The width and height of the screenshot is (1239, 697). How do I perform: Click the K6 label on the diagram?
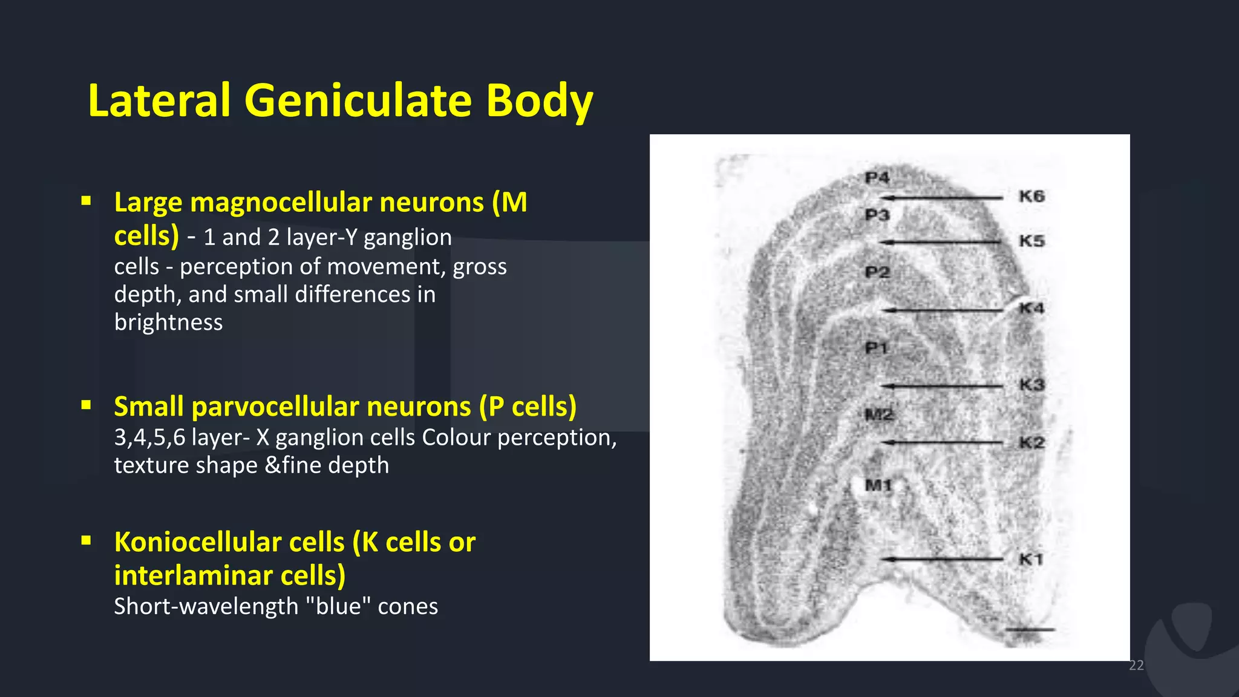tap(1031, 196)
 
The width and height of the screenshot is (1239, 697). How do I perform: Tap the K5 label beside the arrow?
tap(1031, 241)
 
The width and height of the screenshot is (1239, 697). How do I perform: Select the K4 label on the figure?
tap(1031, 309)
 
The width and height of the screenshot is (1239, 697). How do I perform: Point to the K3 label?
tap(1031, 385)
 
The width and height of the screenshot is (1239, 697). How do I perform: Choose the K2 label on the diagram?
tap(1031, 442)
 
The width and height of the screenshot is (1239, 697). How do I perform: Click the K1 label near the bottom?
tap(1031, 559)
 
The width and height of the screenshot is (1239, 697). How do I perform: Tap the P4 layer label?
tap(877, 178)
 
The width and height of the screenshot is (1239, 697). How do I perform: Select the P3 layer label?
tap(877, 215)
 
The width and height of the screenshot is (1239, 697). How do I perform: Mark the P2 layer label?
tap(877, 272)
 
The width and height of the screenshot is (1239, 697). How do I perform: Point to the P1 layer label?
tap(875, 348)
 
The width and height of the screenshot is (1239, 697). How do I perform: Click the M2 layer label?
tap(878, 414)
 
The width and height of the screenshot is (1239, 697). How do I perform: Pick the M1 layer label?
tap(878, 485)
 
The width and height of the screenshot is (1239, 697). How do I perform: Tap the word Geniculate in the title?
tap(358, 100)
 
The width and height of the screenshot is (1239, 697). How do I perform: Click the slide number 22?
tap(1136, 666)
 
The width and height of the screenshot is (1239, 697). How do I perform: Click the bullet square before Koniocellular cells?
tap(87, 540)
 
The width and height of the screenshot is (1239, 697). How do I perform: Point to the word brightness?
tap(168, 322)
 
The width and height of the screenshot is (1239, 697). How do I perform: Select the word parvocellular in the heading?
tap(331, 407)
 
